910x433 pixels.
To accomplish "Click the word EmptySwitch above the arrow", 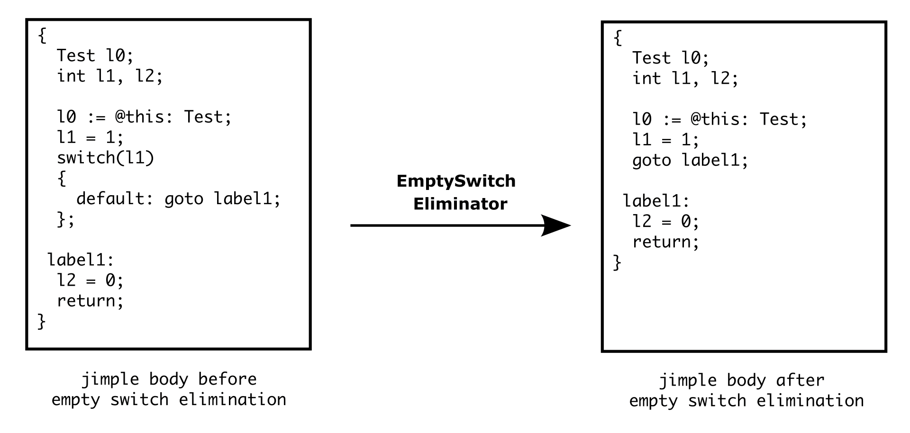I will pos(455,181).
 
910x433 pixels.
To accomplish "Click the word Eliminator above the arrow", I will pos(460,204).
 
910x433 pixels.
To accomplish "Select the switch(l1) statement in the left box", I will pos(105,158).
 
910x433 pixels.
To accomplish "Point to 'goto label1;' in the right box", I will pos(690,161).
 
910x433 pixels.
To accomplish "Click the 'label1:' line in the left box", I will pos(81,260).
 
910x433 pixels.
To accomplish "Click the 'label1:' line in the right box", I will pos(656,201).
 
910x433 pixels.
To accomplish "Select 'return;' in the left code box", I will pos(90,301).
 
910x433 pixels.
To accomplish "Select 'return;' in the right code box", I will pos(665,242).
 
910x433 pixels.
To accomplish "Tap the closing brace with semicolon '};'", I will pos(65,219).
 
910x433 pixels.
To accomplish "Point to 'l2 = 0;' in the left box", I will pos(90,280).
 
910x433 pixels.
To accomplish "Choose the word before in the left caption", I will pos(227,379).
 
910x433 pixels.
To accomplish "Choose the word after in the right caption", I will pos(800,380).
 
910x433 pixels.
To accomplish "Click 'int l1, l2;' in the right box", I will pos(685,79).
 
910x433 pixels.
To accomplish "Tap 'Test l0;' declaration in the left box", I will pos(95,56).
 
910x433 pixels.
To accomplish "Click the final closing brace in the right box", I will pos(617,262).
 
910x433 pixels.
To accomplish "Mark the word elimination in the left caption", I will pos(232,400).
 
